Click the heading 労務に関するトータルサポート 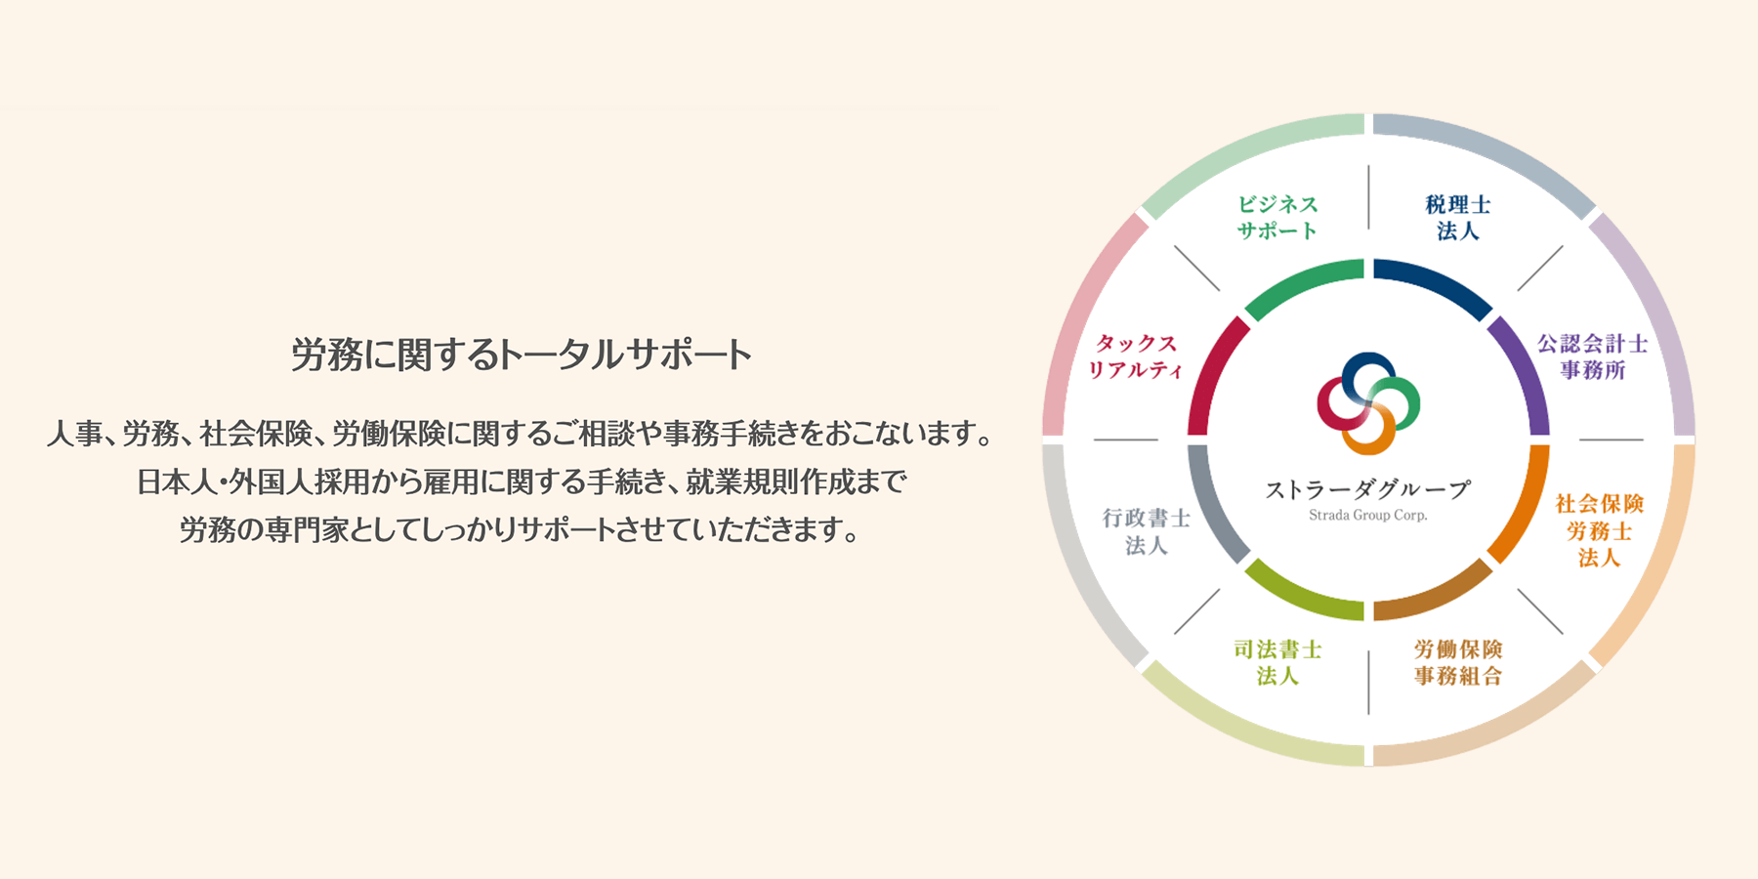click(x=522, y=355)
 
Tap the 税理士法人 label click(x=1458, y=218)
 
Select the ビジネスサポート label click(x=1277, y=218)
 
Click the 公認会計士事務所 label click(x=1593, y=356)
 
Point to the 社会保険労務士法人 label click(x=1600, y=530)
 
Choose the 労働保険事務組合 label click(x=1458, y=662)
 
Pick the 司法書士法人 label click(x=1277, y=662)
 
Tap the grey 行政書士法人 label click(x=1147, y=531)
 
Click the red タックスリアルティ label click(x=1136, y=356)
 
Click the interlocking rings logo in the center click(x=1368, y=403)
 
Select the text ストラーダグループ click(x=1367, y=488)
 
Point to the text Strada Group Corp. click(x=1367, y=515)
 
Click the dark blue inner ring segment click(x=1436, y=280)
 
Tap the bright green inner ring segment click(x=1300, y=280)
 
